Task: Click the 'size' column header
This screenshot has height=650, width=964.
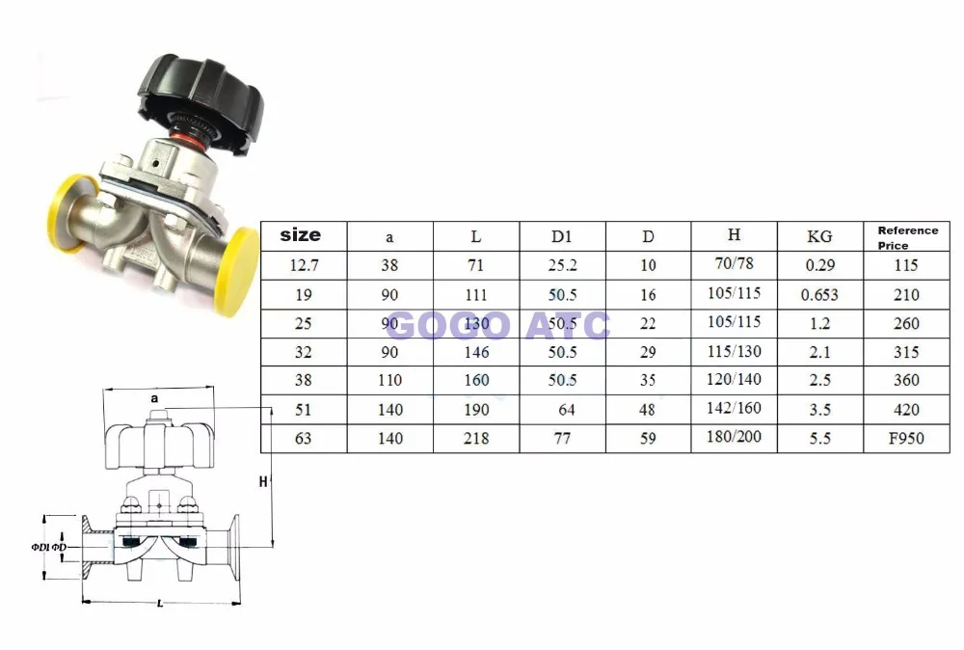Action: click(300, 235)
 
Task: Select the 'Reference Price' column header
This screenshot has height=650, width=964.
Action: click(907, 237)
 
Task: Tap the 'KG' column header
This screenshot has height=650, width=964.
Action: click(818, 236)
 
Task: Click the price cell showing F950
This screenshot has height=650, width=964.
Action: click(906, 438)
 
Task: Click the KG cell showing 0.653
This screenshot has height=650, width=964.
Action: click(819, 294)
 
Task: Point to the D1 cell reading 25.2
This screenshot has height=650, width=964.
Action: click(562, 265)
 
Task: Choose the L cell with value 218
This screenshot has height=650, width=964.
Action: click(476, 438)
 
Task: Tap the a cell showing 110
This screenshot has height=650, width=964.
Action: click(390, 380)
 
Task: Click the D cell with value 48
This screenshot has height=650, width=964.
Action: click(648, 409)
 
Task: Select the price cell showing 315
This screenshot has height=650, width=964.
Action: click(906, 352)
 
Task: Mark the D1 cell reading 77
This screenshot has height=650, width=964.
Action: click(562, 438)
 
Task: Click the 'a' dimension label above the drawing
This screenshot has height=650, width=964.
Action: click(154, 397)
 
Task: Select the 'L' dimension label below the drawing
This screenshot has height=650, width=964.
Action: click(158, 604)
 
